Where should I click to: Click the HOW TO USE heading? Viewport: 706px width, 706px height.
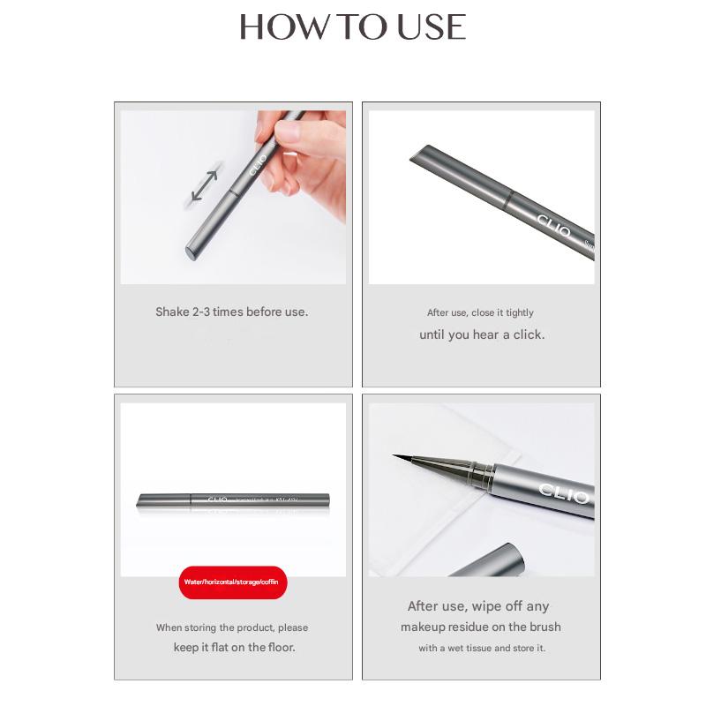pyautogui.click(x=352, y=26)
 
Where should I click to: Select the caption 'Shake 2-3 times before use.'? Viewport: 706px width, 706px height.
pyautogui.click(x=232, y=312)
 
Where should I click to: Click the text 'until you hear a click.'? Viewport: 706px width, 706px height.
pyautogui.click(x=482, y=334)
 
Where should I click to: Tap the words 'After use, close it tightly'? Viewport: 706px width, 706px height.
pyautogui.click(x=481, y=312)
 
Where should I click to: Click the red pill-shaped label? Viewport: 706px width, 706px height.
pyautogui.click(x=233, y=583)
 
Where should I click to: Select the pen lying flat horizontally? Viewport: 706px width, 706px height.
pyautogui.click(x=233, y=499)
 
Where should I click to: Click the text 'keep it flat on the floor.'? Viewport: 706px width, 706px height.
pyautogui.click(x=234, y=647)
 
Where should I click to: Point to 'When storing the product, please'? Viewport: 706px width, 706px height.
pyautogui.click(x=232, y=627)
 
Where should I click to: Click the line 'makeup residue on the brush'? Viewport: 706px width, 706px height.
pyautogui.click(x=481, y=627)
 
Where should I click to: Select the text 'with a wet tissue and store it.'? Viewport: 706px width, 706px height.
pyautogui.click(x=482, y=648)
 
